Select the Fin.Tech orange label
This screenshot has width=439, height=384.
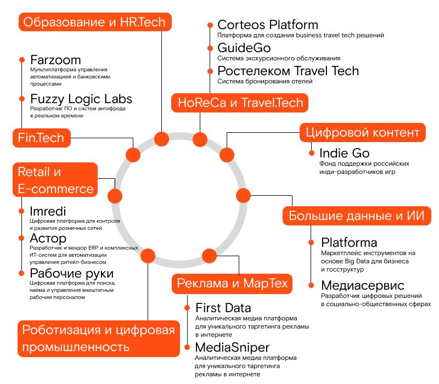click(41, 138)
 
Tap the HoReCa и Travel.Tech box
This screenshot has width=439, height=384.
click(240, 103)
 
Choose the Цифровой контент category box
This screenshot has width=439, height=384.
click(363, 133)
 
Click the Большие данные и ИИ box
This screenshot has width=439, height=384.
click(356, 215)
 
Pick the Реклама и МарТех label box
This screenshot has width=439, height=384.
click(232, 284)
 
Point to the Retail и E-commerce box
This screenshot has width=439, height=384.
click(55, 180)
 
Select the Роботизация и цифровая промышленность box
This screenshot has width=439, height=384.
click(99, 338)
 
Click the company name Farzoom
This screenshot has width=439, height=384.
click(55, 60)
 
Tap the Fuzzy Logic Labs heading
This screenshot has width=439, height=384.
click(81, 99)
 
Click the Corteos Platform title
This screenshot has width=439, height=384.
click(268, 25)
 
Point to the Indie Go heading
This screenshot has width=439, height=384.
click(344, 153)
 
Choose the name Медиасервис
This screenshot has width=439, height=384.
click(363, 285)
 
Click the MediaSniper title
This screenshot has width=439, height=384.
click(232, 347)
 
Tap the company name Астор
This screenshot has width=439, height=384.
click(48, 239)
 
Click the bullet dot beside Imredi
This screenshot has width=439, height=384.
click(21, 211)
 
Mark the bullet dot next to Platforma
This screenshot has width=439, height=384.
click(311, 242)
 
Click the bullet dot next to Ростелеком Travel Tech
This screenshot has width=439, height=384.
click(210, 71)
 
